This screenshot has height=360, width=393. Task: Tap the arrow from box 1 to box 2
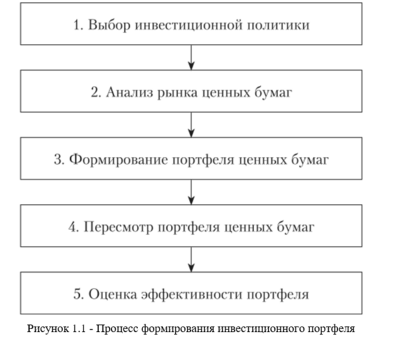click(191, 58)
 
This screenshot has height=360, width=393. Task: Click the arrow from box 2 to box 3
click(191, 125)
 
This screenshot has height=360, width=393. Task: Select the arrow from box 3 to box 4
click(191, 192)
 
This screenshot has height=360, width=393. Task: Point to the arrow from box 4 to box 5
click(191, 259)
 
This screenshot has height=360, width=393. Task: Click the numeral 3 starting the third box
click(57, 159)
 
